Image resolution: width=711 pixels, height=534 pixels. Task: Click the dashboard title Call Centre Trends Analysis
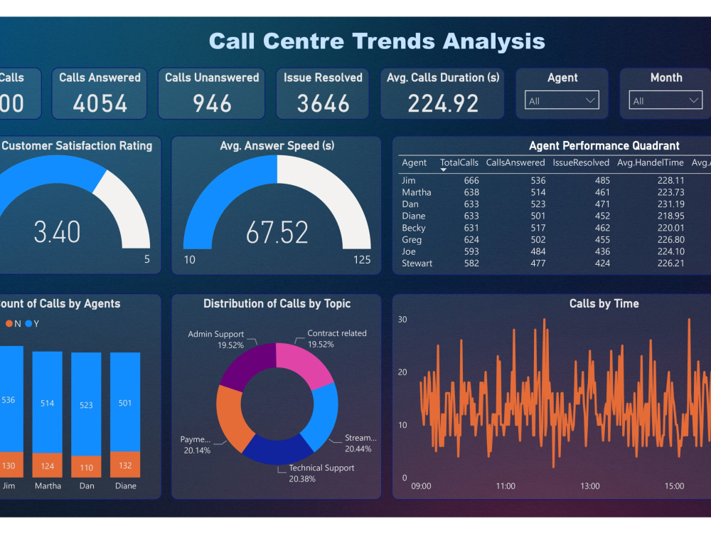[377, 41]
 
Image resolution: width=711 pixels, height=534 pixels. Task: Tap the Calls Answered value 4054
[100, 104]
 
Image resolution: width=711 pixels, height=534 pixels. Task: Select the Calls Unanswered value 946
[212, 104]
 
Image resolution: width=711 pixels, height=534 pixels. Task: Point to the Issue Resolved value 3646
[323, 104]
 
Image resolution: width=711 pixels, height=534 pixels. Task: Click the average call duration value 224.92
[442, 104]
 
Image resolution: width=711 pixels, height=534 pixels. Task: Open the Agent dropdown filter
[562, 100]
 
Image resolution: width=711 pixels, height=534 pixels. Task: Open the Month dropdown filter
[666, 100]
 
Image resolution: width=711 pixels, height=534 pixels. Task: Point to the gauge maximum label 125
[362, 260]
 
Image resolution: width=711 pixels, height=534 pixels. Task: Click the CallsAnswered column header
[515, 163]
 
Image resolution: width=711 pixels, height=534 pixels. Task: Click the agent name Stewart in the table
[417, 263]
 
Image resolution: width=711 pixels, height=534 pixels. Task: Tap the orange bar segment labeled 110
[86, 466]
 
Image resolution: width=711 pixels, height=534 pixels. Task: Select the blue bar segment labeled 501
[125, 402]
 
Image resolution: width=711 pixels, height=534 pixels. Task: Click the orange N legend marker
[9, 324]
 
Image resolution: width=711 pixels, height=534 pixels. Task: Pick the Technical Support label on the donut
[321, 468]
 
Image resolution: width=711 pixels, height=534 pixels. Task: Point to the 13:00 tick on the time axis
[589, 486]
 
